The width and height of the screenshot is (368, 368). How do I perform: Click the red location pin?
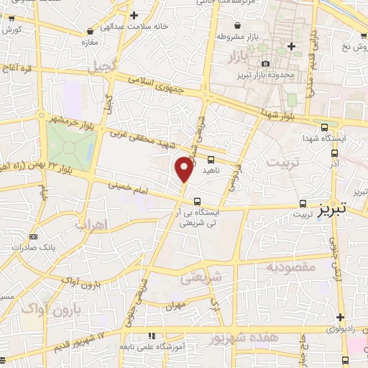[x=184, y=169]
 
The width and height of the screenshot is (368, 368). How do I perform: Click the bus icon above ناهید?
[x=211, y=160]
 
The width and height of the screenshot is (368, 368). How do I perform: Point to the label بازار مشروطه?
[x=243, y=36]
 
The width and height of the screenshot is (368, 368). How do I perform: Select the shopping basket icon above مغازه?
[x=90, y=32]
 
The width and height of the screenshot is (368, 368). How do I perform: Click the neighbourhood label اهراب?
[x=109, y=224]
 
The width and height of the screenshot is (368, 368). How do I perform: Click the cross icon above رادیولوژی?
[x=339, y=317]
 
